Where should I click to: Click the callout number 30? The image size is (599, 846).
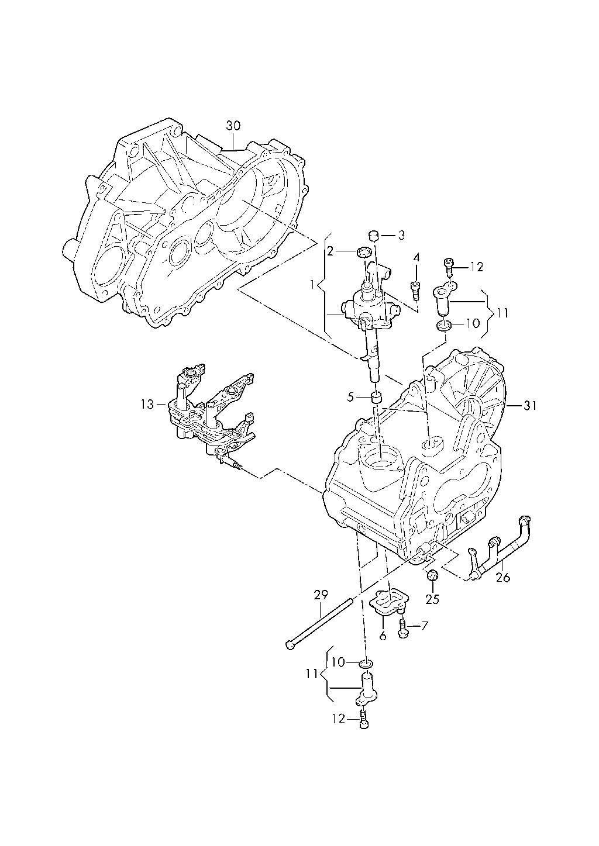pyautogui.click(x=233, y=125)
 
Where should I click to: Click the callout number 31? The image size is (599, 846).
pyautogui.click(x=530, y=406)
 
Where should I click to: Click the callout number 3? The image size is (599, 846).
pyautogui.click(x=401, y=235)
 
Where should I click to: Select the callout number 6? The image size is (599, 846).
pyautogui.click(x=383, y=636)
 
